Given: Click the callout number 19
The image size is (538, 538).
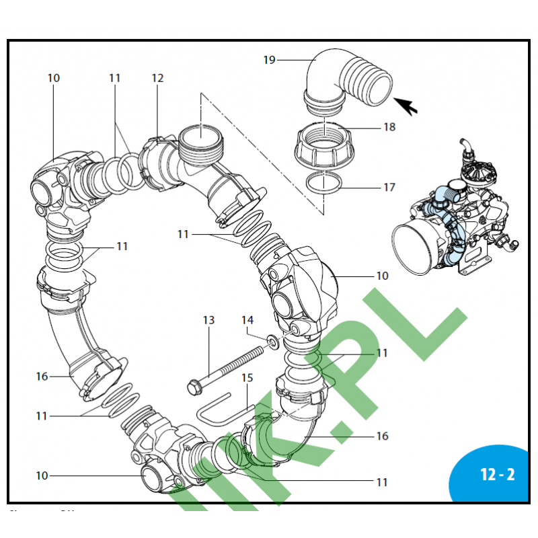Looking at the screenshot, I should [269, 61].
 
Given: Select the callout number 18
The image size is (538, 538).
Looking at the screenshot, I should [389, 127].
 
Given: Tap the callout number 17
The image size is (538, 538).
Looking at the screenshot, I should [389, 188].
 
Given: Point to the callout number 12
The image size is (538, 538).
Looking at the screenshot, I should [157, 78].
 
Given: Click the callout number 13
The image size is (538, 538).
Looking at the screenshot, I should [208, 320].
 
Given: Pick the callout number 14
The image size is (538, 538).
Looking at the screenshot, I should [247, 320].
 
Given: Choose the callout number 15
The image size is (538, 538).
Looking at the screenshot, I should [247, 379].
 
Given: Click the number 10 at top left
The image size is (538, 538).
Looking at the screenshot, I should [54, 78].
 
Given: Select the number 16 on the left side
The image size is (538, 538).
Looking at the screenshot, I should [42, 377].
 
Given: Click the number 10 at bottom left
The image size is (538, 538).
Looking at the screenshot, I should [42, 475].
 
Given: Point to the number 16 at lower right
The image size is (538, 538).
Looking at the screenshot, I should [382, 436].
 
